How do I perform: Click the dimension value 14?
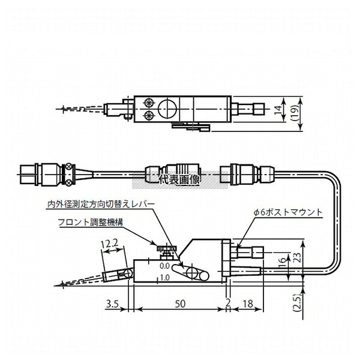click(x=278, y=109)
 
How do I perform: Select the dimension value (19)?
click(x=295, y=113)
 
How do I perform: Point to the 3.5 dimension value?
click(x=112, y=304)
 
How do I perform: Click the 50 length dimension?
click(x=180, y=304)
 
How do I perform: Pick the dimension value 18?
click(x=248, y=304)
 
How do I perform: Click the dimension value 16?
click(x=283, y=262)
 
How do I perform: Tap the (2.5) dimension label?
click(x=298, y=302)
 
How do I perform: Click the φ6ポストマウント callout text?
click(x=289, y=212)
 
